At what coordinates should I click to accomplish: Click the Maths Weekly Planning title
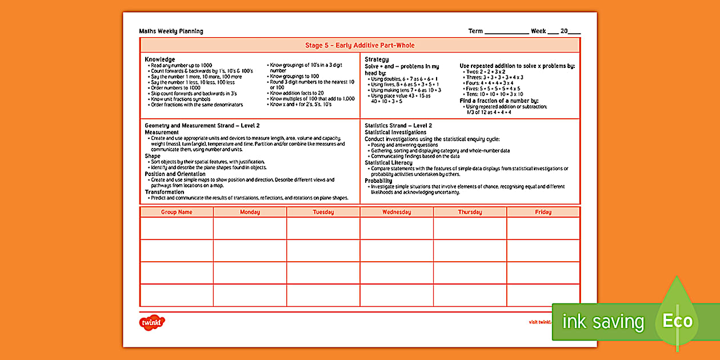pyautogui.click(x=171, y=31)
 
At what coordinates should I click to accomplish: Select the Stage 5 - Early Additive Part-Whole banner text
pyautogui.click(x=359, y=46)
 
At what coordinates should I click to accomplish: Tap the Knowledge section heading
pyautogui.click(x=160, y=59)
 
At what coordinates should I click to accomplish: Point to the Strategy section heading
pyautogui.click(x=377, y=59)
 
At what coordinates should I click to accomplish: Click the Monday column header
pyautogui.click(x=250, y=212)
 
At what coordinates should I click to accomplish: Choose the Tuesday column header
pyautogui.click(x=323, y=212)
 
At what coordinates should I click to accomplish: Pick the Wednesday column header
pyautogui.click(x=397, y=212)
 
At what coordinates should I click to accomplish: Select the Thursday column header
pyautogui.click(x=470, y=212)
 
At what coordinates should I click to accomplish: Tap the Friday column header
pyautogui.click(x=543, y=212)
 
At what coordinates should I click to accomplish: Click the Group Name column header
pyautogui.click(x=177, y=212)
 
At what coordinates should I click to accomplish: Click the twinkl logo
pyautogui.click(x=152, y=322)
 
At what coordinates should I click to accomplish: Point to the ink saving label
pyautogui.click(x=603, y=322)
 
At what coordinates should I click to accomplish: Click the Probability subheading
pyautogui.click(x=379, y=181)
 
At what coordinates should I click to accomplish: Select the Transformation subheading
pyautogui.click(x=165, y=193)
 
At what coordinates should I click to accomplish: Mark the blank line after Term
pyautogui.click(x=506, y=32)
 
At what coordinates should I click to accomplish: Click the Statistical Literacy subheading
pyautogui.click(x=389, y=163)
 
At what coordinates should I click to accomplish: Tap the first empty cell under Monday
pyautogui.click(x=250, y=229)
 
